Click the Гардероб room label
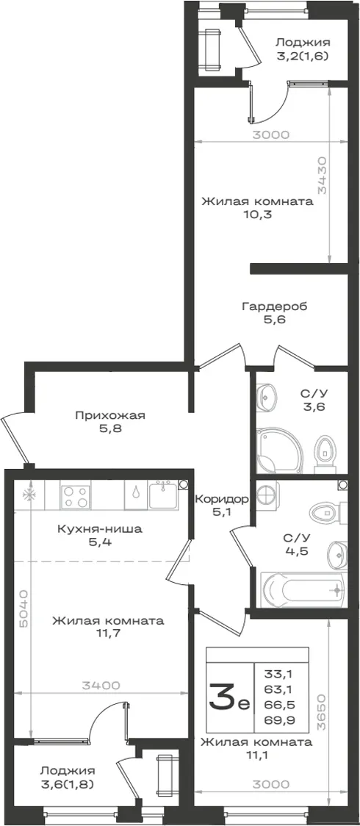tap(274, 306)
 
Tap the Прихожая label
tap(109, 416)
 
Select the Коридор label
tap(220, 498)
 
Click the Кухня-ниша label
tap(99, 529)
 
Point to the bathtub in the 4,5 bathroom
tap(303, 590)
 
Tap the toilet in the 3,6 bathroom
tap(324, 453)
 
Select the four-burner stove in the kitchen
tap(76, 497)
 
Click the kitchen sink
tap(164, 495)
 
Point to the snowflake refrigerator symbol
tap(28, 495)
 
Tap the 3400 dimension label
tap(101, 686)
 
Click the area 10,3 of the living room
tap(257, 215)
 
